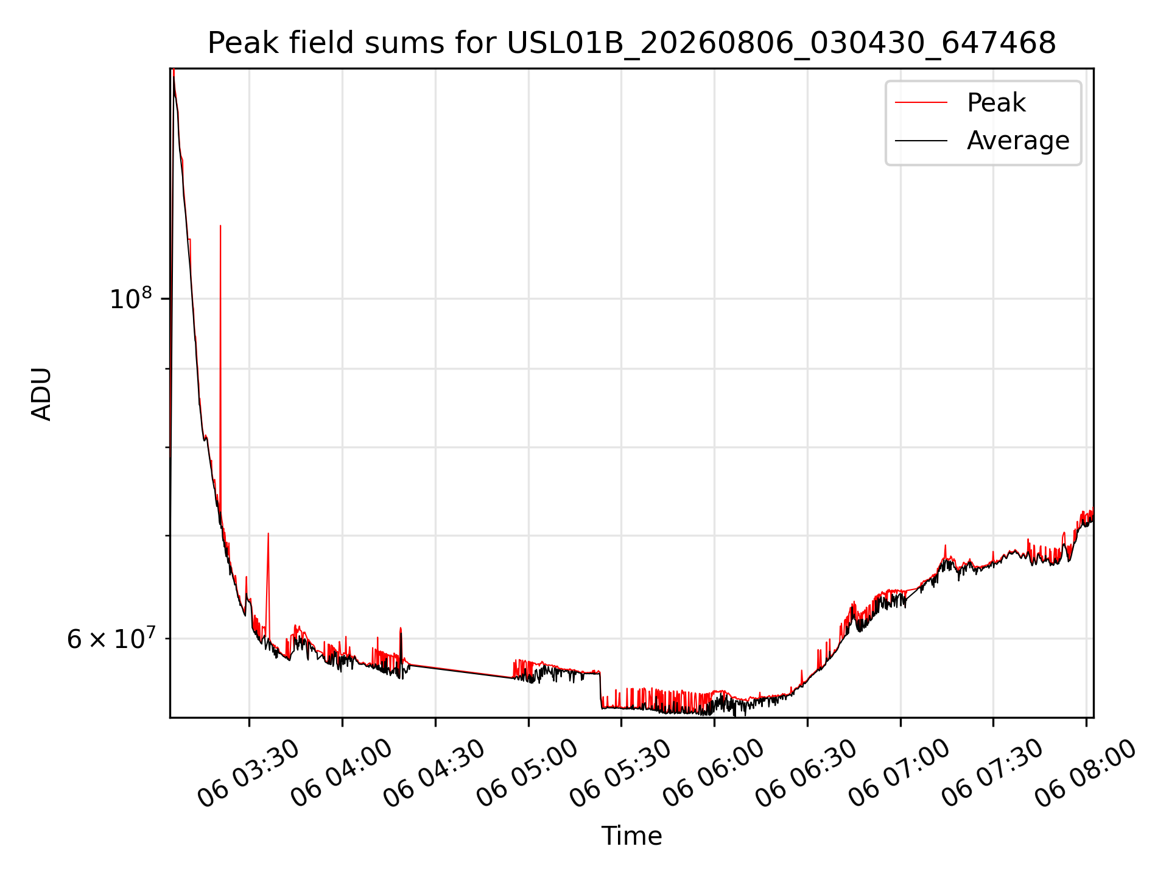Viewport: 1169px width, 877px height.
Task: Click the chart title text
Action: pos(631,43)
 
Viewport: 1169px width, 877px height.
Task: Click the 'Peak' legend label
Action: pos(996,103)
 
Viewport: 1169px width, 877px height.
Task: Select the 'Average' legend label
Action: pos(1018,141)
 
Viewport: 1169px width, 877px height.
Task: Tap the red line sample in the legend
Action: pos(921,103)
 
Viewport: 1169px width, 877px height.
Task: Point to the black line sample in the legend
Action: pos(921,141)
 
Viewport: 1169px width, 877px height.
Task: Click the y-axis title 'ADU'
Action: pos(41,393)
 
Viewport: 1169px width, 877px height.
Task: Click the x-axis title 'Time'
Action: pos(631,836)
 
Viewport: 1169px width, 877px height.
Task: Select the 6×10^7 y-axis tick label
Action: pos(111,638)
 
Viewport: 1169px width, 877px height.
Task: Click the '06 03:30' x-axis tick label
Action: pos(248,773)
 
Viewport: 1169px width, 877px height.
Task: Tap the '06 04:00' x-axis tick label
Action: pos(342,773)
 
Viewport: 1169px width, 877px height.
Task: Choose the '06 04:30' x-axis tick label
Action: pos(435,773)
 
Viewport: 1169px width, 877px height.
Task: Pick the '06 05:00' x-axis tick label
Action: pos(528,773)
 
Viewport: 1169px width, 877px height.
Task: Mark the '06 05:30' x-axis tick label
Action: pos(621,773)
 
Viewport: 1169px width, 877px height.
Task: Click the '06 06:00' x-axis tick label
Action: pos(714,773)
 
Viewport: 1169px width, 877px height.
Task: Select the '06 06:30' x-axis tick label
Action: pos(807,773)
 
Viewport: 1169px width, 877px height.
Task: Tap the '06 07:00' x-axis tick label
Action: pos(900,773)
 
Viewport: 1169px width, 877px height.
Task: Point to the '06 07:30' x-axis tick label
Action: pos(993,773)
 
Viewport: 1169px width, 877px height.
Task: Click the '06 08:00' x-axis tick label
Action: pos(1086,773)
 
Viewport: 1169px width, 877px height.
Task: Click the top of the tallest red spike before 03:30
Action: pos(220,226)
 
